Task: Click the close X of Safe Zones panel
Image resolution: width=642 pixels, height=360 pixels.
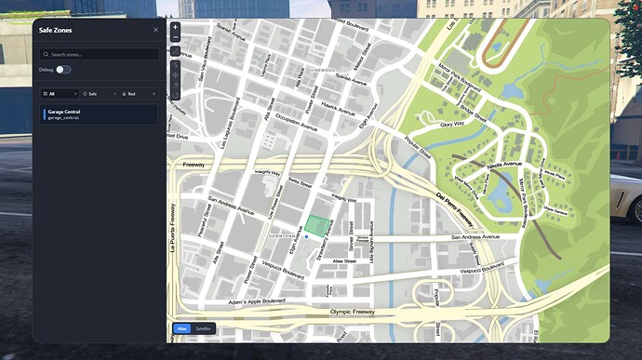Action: (x=155, y=30)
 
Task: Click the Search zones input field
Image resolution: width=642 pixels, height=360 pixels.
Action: (x=100, y=55)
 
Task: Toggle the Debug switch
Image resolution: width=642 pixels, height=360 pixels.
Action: (x=63, y=70)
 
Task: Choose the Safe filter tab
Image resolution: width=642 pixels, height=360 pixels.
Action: (x=98, y=94)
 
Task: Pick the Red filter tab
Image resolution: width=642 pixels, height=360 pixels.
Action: (x=137, y=94)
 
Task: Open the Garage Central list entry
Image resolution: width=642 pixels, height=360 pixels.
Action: (x=100, y=114)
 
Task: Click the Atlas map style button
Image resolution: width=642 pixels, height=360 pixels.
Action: (x=182, y=328)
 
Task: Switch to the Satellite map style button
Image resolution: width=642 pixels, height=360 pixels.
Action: (x=204, y=328)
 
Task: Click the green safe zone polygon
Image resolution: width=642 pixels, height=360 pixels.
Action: (x=318, y=226)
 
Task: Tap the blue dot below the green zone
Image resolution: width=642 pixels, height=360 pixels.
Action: (x=306, y=238)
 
